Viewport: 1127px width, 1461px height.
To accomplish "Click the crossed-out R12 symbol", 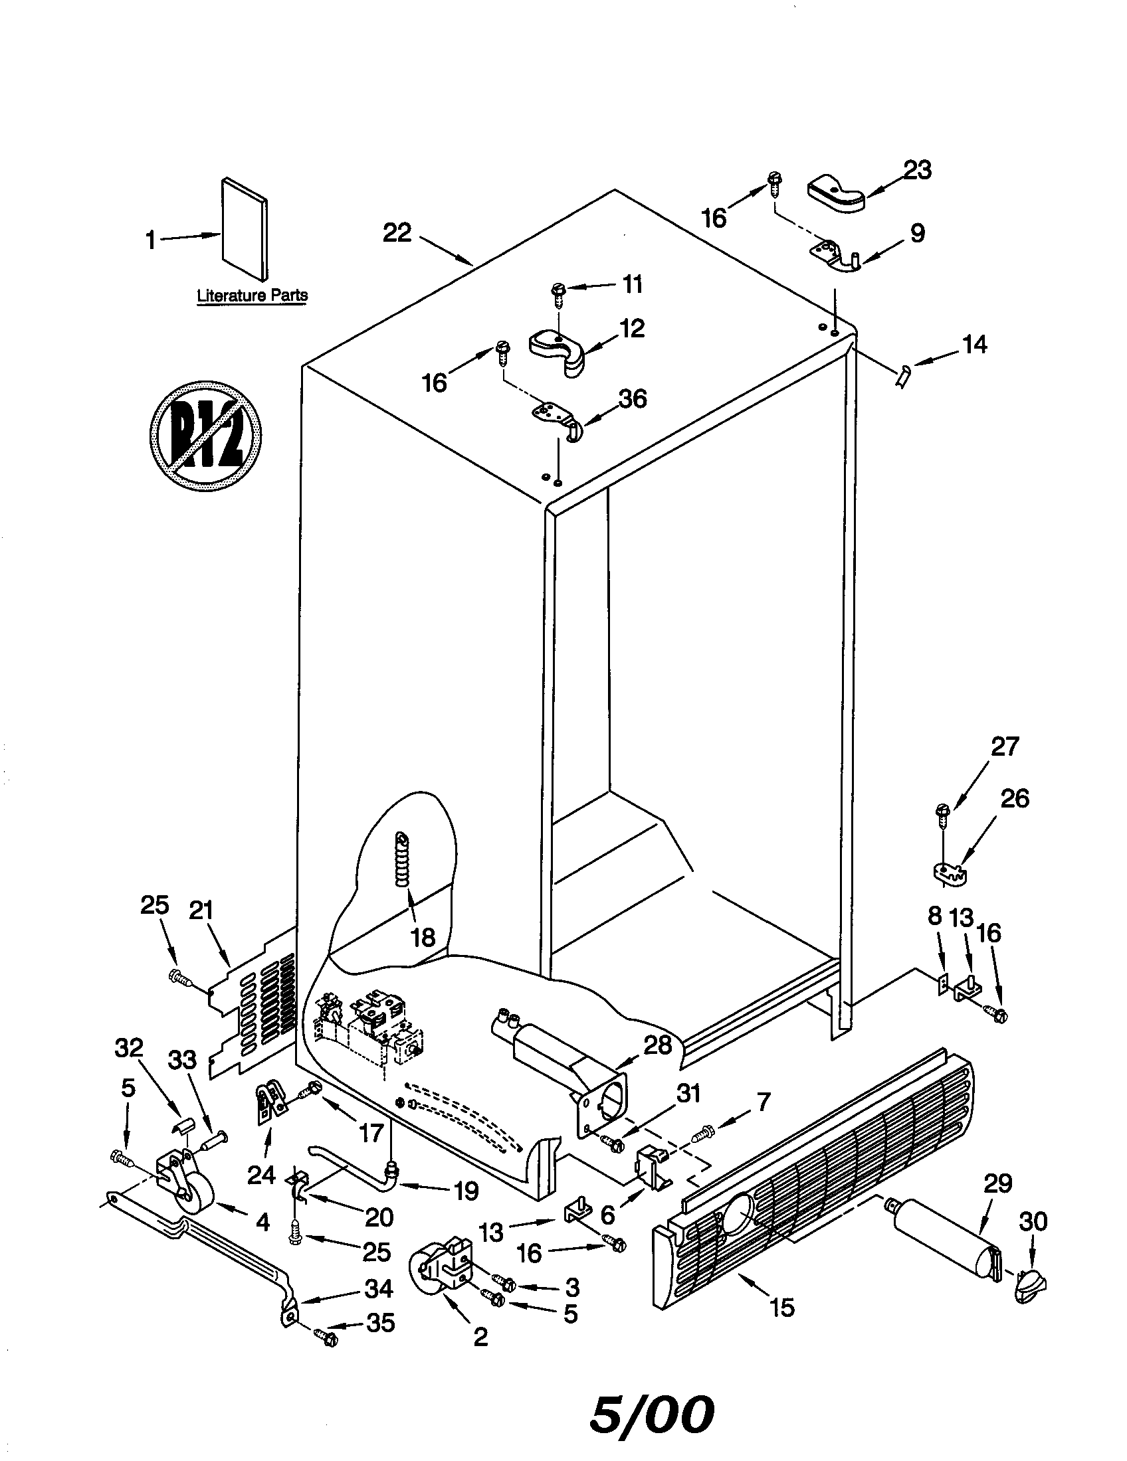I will click(205, 436).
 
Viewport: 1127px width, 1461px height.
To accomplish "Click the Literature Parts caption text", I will click(253, 295).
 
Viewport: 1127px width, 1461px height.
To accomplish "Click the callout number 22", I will click(397, 233).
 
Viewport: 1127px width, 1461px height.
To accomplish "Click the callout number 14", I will click(974, 345).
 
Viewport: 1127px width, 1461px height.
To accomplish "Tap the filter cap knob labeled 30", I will click(1029, 1283).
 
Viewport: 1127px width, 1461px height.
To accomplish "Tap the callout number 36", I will click(632, 398).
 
